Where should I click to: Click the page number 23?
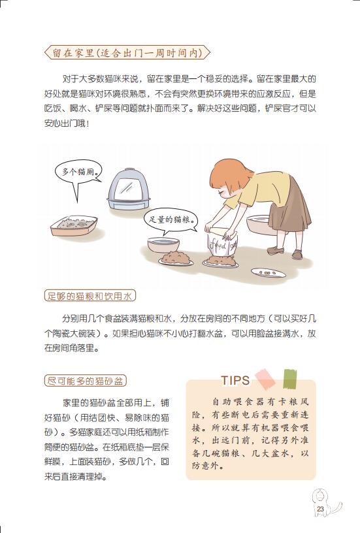point(320,509)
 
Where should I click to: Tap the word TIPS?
point(235,380)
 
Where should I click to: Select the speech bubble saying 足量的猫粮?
point(171,220)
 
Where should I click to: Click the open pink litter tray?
point(74,225)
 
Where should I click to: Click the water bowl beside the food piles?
point(163,244)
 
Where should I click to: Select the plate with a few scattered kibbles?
point(267,272)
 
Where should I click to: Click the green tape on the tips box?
point(290,379)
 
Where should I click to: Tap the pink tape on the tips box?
point(265,379)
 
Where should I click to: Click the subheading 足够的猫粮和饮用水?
point(90,296)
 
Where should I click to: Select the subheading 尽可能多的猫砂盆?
point(86,381)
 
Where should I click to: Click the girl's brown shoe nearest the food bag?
point(275,251)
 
